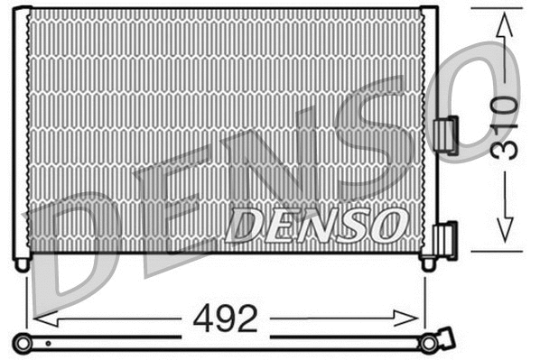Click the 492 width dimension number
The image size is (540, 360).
(226, 318)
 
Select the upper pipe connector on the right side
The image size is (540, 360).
(445, 135)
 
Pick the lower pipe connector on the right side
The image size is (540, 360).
(445, 240)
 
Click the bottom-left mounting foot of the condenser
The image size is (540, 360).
(22, 263)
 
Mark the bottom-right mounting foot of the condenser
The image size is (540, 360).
(428, 263)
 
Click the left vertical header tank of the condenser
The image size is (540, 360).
(21, 132)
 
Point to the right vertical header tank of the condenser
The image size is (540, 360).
(429, 132)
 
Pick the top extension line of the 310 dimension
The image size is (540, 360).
(497, 9)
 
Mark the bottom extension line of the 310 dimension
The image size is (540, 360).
(497, 251)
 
